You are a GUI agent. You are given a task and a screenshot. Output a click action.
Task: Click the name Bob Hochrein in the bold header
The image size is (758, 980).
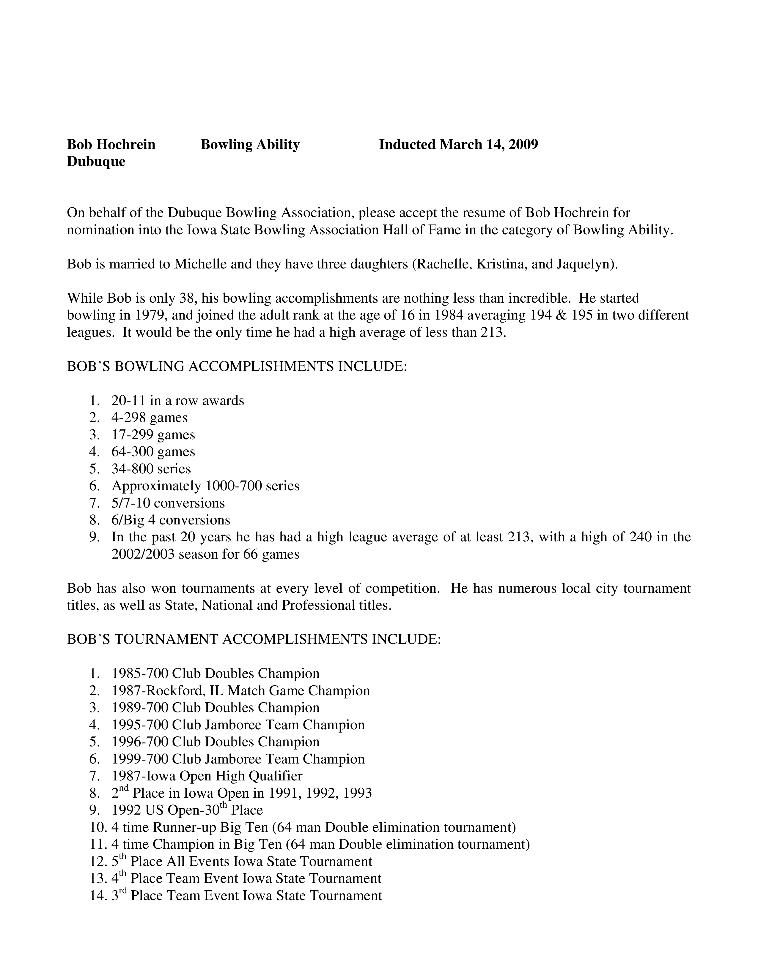(111, 145)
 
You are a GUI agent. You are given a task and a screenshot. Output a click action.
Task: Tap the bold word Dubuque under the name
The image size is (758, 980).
(96, 162)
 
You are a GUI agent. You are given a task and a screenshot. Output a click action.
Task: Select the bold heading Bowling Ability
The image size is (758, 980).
(250, 145)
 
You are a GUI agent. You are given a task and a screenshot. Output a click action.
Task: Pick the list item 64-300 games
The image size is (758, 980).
(153, 451)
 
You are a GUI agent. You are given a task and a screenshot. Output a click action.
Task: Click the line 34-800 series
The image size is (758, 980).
(151, 468)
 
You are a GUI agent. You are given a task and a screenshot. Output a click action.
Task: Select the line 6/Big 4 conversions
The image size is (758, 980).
(171, 520)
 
